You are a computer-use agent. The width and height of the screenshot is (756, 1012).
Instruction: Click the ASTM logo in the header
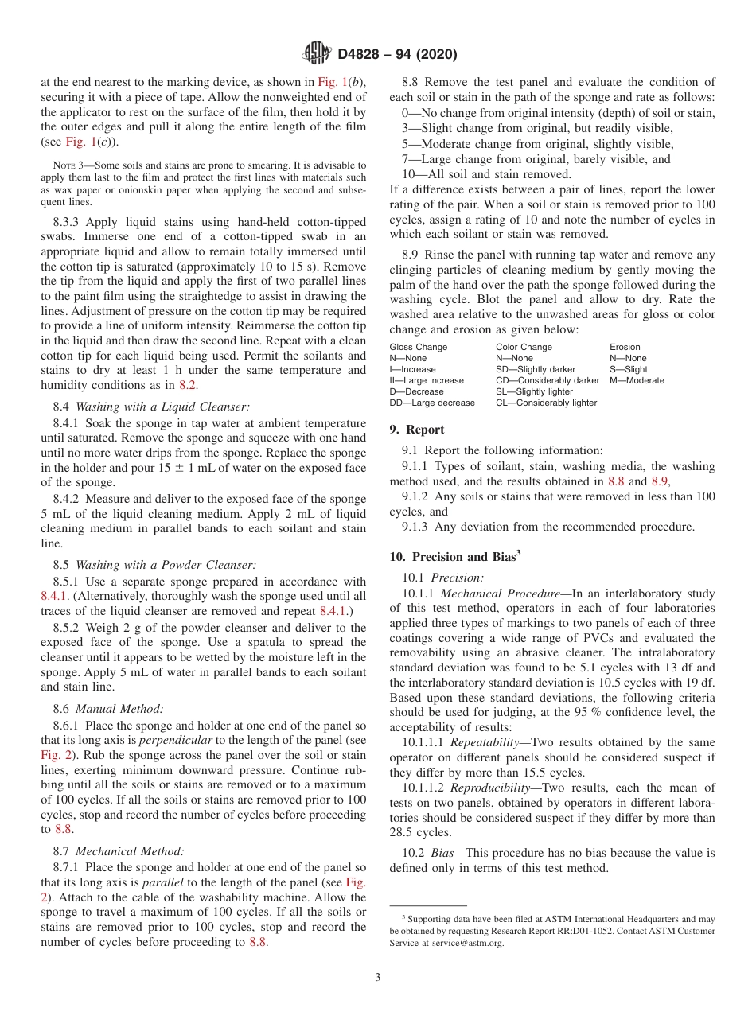(x=317, y=54)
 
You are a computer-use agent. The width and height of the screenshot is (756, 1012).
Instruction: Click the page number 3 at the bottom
(x=378, y=977)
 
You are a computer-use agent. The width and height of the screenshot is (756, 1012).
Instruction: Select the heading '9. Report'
(x=416, y=430)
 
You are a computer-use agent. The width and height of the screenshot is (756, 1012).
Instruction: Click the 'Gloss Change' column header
(x=418, y=347)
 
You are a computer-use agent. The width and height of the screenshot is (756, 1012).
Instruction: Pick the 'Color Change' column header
(x=523, y=347)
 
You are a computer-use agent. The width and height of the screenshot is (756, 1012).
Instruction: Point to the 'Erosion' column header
(x=625, y=347)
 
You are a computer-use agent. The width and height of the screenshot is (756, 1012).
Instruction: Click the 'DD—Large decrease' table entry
(x=431, y=403)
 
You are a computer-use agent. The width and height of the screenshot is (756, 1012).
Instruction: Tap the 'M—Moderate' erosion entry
(x=637, y=380)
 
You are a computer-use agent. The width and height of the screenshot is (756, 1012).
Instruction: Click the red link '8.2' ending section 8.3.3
(x=189, y=384)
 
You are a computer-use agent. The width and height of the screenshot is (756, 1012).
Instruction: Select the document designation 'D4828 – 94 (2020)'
(x=397, y=55)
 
